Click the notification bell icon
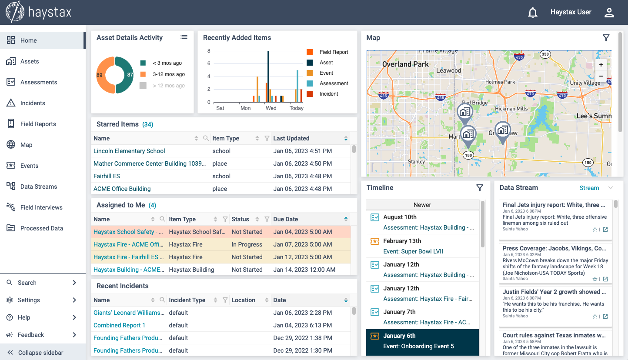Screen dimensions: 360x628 [x=532, y=13]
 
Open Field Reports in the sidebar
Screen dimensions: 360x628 [x=38, y=124]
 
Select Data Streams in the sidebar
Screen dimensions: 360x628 [x=38, y=187]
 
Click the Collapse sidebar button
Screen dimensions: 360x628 [x=41, y=353]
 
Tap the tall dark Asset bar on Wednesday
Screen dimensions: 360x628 [x=268, y=76]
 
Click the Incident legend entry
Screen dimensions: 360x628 [x=328, y=94]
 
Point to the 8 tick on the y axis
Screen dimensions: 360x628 [x=209, y=51]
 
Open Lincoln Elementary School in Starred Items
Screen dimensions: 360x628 [x=129, y=151]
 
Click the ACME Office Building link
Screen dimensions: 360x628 [x=122, y=189]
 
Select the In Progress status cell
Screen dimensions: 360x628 [x=247, y=244]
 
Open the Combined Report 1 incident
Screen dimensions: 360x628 [x=119, y=325]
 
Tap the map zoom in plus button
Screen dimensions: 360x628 [x=601, y=65]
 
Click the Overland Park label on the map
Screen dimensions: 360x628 [x=405, y=64]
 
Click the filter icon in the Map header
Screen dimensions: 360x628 [x=606, y=38]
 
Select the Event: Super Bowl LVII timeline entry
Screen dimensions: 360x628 [x=413, y=251]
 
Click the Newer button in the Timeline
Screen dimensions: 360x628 [x=422, y=205]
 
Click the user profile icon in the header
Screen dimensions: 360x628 [x=609, y=13]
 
